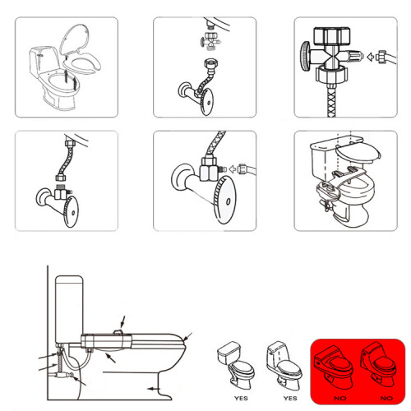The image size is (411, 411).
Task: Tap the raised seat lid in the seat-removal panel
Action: [x=75, y=39]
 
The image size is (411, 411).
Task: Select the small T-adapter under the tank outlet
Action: [x=210, y=40]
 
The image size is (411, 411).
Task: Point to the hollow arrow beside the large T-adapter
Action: [x=371, y=57]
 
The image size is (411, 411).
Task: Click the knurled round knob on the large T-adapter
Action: [x=306, y=57]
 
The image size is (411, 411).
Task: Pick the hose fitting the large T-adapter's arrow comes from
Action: [x=386, y=58]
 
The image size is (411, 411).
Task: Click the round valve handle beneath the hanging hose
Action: [x=72, y=211]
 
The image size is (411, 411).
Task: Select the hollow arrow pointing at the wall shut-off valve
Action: [x=233, y=169]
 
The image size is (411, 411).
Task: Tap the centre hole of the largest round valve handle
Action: [x=228, y=201]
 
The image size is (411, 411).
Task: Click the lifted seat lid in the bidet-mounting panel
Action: [x=358, y=153]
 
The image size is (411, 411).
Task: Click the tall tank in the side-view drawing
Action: [x=69, y=310]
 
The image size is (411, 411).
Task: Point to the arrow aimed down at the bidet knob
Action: [x=123, y=322]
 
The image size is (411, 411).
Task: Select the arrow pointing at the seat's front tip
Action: [x=187, y=337]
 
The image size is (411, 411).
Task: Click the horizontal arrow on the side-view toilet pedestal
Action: [x=153, y=388]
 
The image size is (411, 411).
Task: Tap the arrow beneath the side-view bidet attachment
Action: [x=111, y=358]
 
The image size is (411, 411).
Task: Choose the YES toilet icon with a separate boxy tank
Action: [x=236, y=365]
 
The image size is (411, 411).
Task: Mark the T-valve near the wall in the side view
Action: [x=62, y=374]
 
